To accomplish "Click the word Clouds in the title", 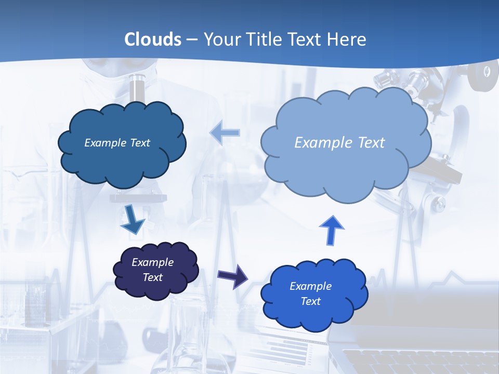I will coord(153,39).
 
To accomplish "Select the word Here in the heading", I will coord(348,39).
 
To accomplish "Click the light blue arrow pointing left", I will coord(225,133).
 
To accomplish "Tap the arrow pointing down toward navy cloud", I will coord(132,220).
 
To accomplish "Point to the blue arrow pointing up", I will coord(332,230).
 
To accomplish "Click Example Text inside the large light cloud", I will coord(339,142).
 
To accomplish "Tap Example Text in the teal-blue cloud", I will coord(117,142).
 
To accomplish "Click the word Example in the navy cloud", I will coord(152,262).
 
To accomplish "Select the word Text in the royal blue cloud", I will coord(310,301).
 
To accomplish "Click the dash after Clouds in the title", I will coord(192,39).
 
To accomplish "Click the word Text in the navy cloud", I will coord(152,277).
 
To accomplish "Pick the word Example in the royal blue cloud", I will coord(310,286).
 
